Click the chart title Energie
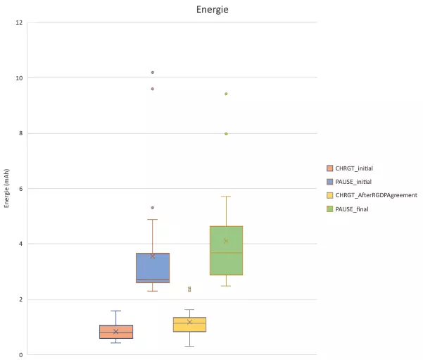[x=213, y=10]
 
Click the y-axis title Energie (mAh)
[x=6, y=188]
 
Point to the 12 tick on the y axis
[x=19, y=23]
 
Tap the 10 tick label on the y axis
[x=19, y=78]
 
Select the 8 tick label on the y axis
[x=21, y=133]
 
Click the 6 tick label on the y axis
[x=21, y=189]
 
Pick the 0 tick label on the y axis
[x=21, y=355]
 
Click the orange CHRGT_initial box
[x=116, y=332]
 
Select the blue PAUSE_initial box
[x=153, y=268]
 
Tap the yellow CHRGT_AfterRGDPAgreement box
[x=189, y=324]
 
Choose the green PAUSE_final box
[x=227, y=250]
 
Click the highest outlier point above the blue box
[x=153, y=73]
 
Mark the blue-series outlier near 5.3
[x=153, y=208]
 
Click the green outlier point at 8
[x=226, y=134]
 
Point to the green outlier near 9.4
[x=226, y=94]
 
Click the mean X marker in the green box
[x=226, y=241]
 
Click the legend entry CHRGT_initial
[x=350, y=168]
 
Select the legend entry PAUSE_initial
[x=349, y=182]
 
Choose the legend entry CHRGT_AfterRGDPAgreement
[x=372, y=195]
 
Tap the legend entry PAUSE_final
[x=348, y=209]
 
